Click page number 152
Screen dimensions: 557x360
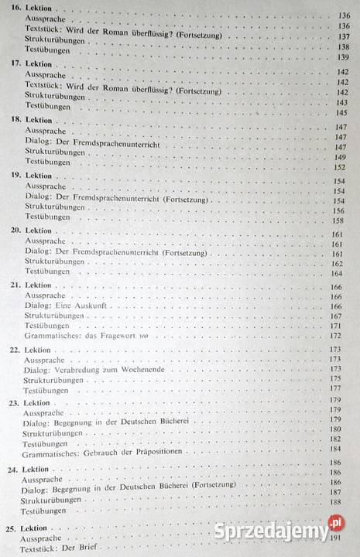click(339, 167)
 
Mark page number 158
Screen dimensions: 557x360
click(338, 220)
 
